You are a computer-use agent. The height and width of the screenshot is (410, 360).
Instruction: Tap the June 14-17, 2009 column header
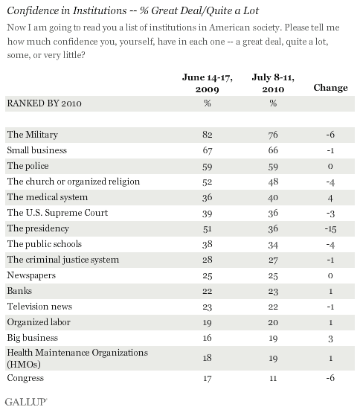click(206, 83)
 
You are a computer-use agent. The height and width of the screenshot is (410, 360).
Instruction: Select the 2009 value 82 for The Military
click(207, 135)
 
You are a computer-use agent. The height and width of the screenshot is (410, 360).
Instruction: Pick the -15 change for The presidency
click(331, 228)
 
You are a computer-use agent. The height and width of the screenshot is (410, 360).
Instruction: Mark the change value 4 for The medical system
click(331, 197)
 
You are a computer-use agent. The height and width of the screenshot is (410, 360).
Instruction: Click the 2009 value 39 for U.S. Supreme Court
click(207, 213)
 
